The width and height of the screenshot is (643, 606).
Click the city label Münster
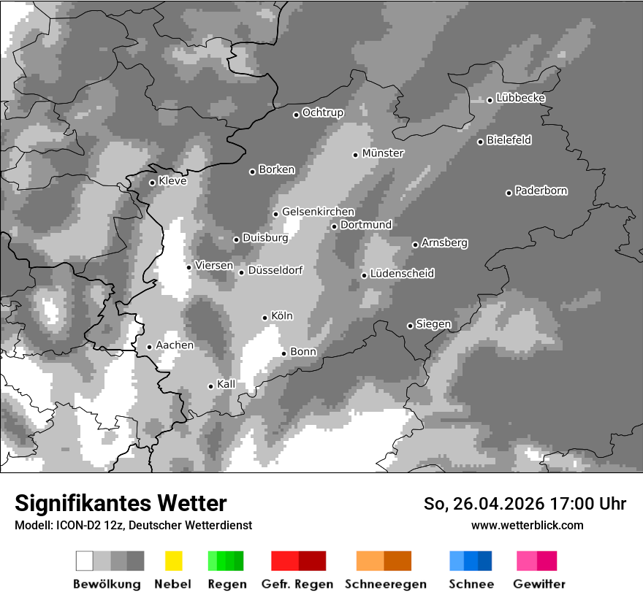383,153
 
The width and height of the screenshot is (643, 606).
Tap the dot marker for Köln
265,318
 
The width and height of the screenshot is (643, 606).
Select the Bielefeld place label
509,140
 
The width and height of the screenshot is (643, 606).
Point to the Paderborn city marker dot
509,193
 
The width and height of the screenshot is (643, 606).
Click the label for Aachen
175,345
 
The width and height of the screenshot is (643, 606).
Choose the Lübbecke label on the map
520,98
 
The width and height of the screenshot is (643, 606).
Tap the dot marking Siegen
410,326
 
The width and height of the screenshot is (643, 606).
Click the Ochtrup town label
322,112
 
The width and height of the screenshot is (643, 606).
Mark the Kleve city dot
152,183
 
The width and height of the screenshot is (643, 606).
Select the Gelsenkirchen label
318,212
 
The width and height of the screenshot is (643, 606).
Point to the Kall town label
226,384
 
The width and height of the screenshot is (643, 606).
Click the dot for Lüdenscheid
364,275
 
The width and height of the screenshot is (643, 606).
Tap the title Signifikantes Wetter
121,503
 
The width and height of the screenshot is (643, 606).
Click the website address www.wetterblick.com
527,525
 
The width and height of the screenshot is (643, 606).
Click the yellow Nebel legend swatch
173,561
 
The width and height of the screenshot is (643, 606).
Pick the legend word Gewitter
539,584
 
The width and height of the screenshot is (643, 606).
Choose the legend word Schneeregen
385,584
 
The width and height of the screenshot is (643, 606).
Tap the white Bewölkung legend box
84,561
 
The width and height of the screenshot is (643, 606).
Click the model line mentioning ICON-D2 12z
133,525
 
